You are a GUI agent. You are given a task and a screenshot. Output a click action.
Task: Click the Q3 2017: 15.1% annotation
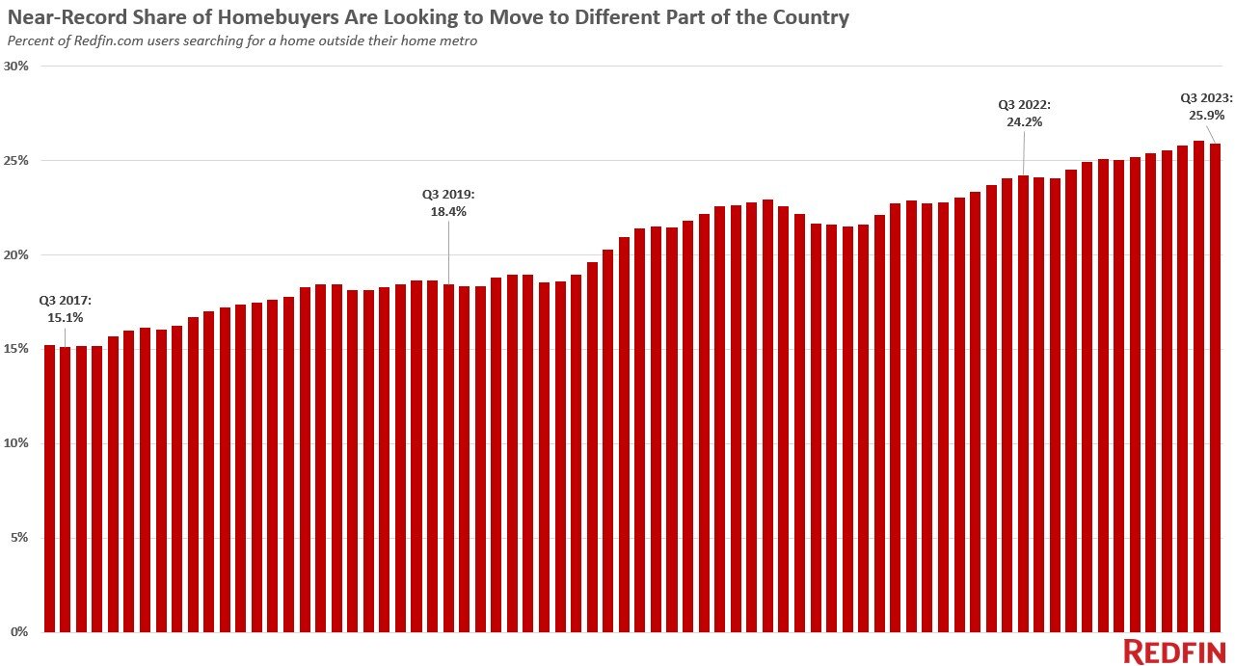click(66, 307)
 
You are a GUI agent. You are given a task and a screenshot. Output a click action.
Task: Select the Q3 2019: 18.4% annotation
click(447, 202)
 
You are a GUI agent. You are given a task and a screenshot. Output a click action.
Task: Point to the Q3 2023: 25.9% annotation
click(1206, 105)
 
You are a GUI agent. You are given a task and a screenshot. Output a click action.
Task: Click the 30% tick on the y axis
click(17, 67)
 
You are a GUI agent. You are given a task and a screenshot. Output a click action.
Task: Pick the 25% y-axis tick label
click(17, 160)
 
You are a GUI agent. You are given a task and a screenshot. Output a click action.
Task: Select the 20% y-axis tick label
click(17, 254)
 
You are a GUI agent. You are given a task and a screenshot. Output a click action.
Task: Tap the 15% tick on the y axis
click(17, 349)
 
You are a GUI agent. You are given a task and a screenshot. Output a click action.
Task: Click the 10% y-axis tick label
click(17, 443)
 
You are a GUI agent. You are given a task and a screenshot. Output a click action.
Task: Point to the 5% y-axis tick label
click(20, 538)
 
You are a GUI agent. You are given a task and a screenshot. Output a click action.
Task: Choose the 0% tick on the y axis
click(20, 632)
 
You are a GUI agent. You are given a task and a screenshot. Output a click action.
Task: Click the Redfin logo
click(1173, 652)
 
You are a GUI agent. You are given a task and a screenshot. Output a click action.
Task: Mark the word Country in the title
click(814, 17)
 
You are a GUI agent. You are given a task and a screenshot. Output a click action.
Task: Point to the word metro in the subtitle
click(458, 40)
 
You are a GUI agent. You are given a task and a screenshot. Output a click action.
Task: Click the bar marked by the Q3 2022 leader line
click(1023, 404)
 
